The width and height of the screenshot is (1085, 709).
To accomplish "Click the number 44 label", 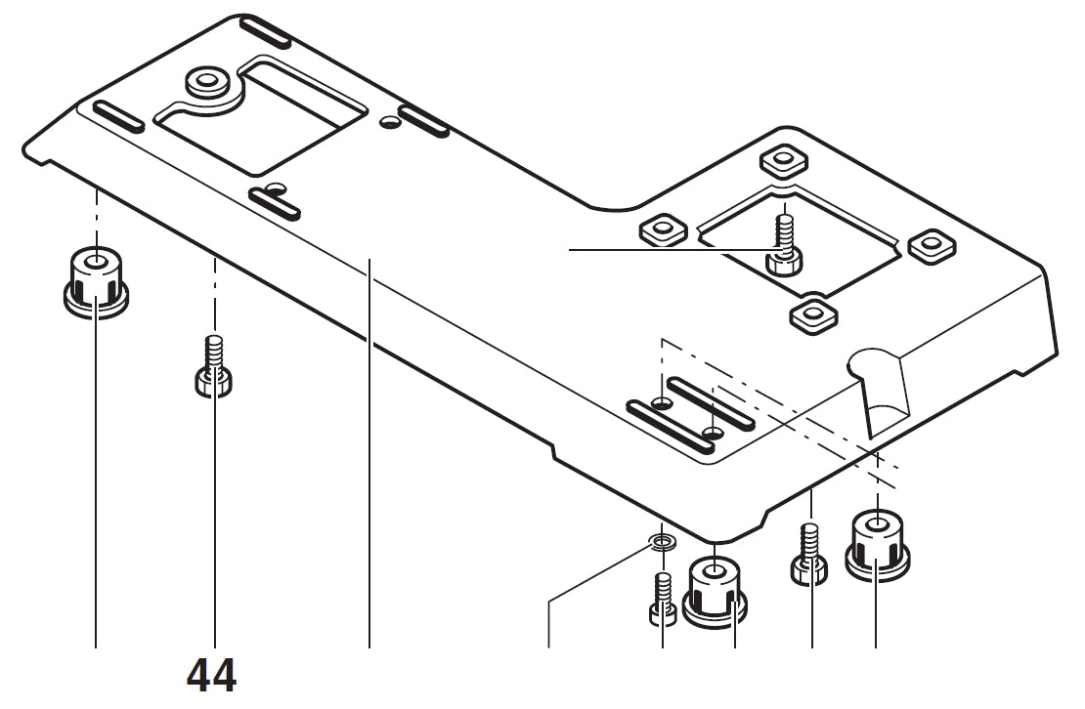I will click(211, 676).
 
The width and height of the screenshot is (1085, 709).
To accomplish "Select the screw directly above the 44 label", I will click(213, 366).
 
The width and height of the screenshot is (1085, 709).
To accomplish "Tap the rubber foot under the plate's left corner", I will click(96, 281).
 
